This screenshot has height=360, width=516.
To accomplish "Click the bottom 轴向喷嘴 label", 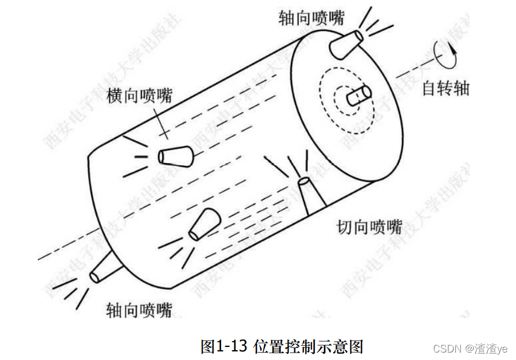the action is click(139, 310).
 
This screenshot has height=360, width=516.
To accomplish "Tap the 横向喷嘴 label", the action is click(139, 95).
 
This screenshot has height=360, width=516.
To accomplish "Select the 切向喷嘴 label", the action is click(369, 227).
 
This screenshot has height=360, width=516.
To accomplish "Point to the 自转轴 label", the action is click(446, 88).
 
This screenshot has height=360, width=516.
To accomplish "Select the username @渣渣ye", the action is click(486, 349).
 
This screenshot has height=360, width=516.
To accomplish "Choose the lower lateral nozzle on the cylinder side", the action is click(205, 226).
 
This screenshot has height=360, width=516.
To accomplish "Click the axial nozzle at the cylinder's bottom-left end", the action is click(105, 268).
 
